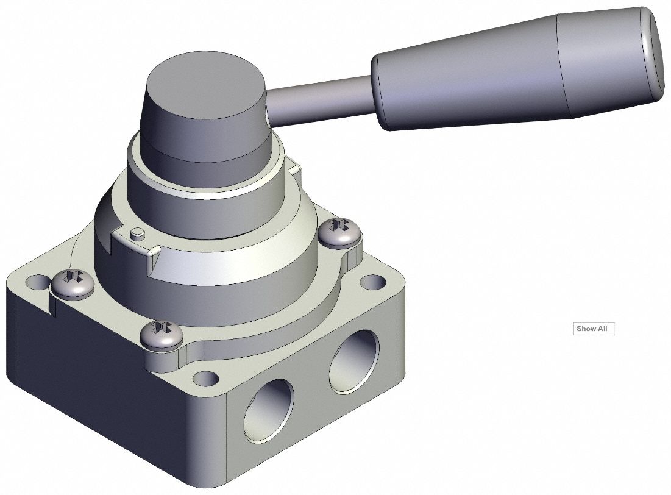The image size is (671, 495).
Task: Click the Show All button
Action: [594, 329]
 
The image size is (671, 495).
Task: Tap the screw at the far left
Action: [71, 284]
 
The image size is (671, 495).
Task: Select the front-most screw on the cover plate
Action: [161, 335]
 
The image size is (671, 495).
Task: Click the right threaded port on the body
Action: [353, 360]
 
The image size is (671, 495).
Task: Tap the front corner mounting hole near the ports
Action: [207, 379]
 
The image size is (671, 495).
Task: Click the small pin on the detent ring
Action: [138, 232]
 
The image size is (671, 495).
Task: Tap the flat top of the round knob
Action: [205, 85]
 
